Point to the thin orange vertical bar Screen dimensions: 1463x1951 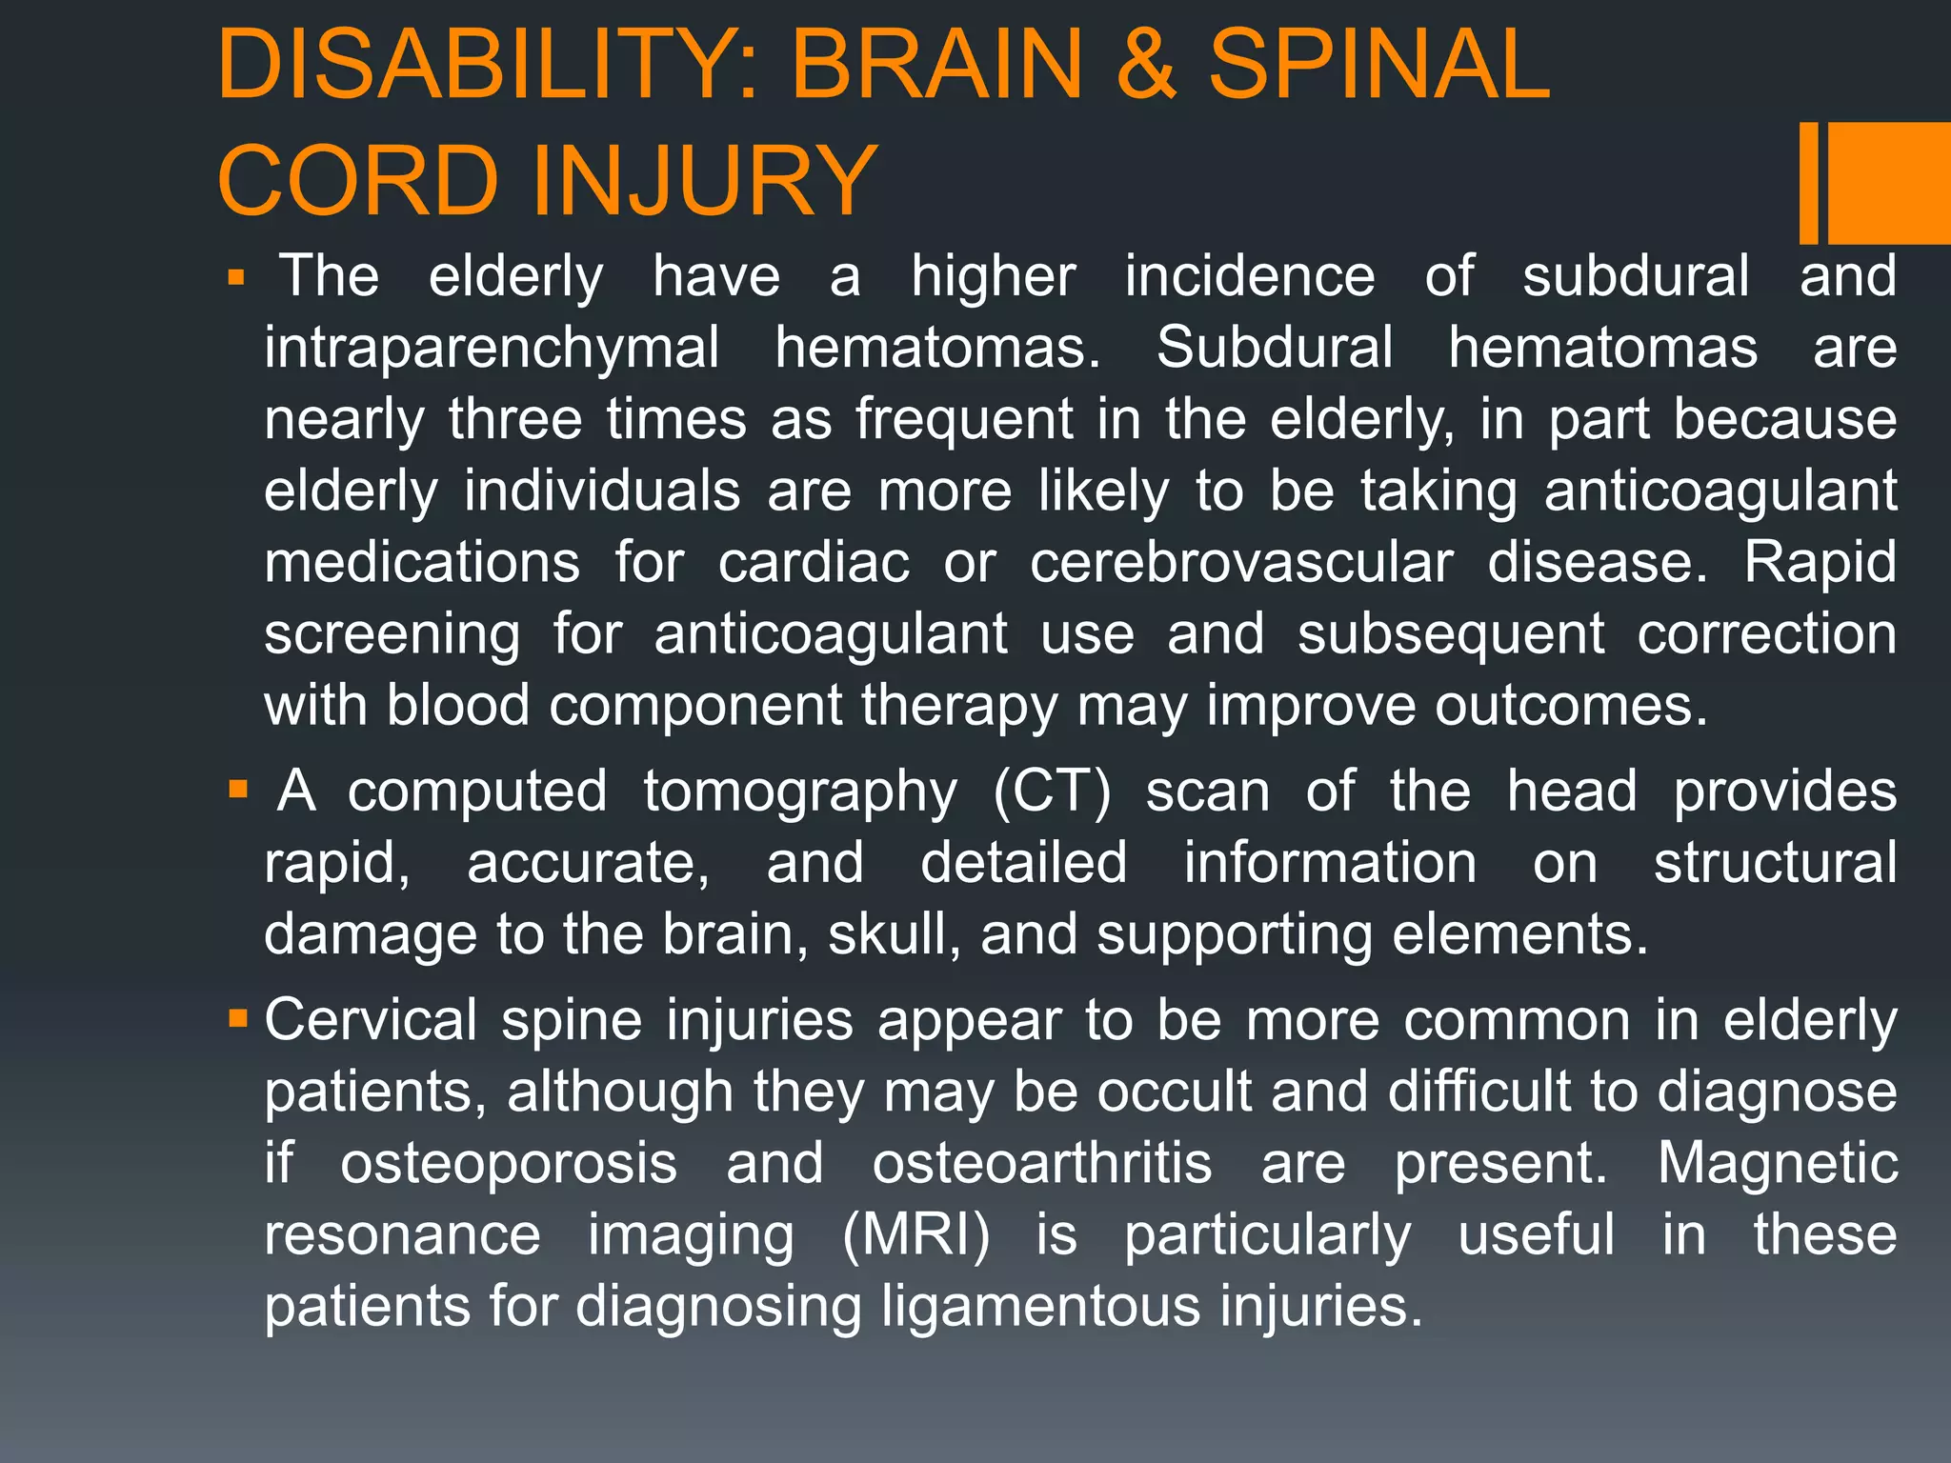(1808, 183)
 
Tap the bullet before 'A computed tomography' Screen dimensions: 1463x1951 (238, 790)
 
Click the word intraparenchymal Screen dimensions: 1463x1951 (492, 349)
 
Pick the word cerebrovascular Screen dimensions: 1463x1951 (1240, 563)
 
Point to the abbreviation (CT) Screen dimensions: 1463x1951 (1052, 792)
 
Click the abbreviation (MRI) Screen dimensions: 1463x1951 (916, 1235)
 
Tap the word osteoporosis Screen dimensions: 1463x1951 (509, 1164)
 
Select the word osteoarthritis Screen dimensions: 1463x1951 (1042, 1164)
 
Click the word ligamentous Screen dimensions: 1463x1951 (1040, 1307)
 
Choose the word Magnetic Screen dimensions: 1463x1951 (1777, 1164)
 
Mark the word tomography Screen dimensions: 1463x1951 (799, 792)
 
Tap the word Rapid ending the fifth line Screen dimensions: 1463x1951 (1820, 563)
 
